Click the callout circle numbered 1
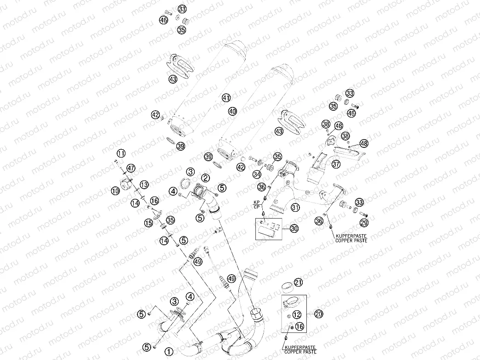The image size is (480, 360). click(x=169, y=352)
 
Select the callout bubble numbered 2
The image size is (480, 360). click(x=205, y=178)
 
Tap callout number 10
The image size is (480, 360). click(x=114, y=189)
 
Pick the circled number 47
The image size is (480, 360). click(x=131, y=168)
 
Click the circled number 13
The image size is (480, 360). click(x=144, y=184)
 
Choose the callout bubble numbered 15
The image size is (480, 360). click(x=148, y=223)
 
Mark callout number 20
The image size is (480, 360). click(x=318, y=314)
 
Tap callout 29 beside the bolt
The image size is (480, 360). click(x=364, y=223)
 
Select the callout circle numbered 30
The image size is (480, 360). click(x=294, y=228)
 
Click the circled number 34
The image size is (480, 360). click(x=256, y=174)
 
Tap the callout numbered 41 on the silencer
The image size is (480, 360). click(x=226, y=97)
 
